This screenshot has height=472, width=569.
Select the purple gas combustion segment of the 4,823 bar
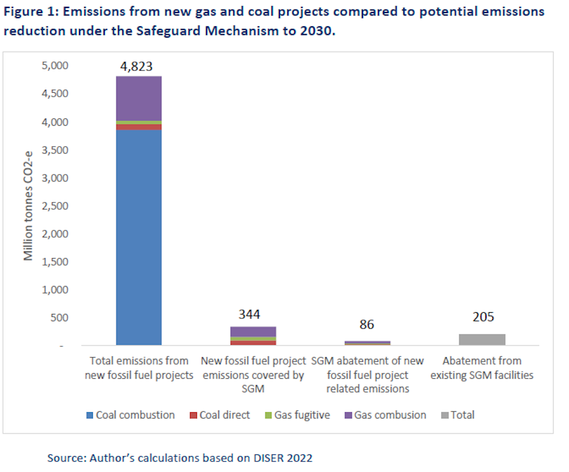click(x=139, y=98)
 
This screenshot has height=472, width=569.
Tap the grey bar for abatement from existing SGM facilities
click(x=482, y=339)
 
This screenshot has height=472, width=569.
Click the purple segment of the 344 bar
click(x=253, y=332)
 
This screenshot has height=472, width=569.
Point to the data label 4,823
click(x=136, y=67)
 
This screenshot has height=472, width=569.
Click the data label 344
click(x=250, y=314)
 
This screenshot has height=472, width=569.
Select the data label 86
click(x=367, y=325)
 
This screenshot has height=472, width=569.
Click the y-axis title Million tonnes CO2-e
click(x=28, y=205)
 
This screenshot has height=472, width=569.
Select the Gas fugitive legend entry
click(x=296, y=415)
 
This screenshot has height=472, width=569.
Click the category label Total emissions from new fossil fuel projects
click(x=139, y=368)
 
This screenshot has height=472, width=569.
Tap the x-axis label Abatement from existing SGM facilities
click(x=482, y=368)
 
